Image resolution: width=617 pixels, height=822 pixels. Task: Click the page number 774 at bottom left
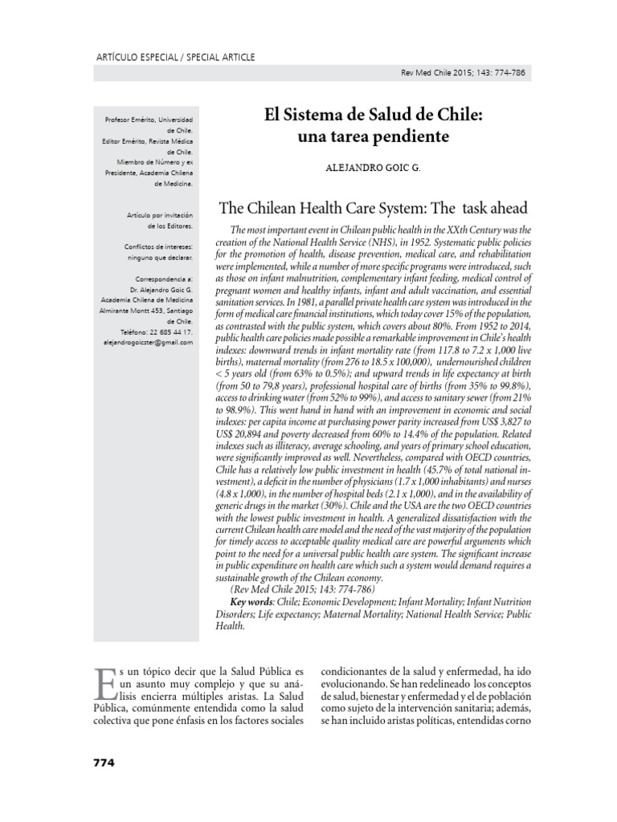tap(100, 763)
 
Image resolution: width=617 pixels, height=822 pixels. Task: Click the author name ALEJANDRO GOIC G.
tap(374, 171)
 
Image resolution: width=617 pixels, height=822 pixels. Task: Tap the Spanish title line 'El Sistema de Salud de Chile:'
tap(374, 116)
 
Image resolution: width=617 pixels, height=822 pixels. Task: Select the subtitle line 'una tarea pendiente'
tap(374, 137)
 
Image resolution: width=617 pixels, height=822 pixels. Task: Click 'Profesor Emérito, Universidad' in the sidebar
tap(149, 120)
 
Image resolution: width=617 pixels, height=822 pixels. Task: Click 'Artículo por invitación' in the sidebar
tap(161, 216)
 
